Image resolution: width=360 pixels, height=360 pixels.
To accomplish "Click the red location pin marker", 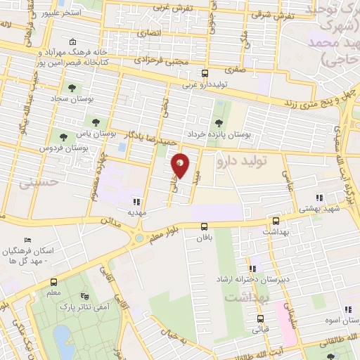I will click(x=181, y=165).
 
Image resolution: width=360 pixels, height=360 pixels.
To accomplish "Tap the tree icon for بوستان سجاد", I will click(x=72, y=88).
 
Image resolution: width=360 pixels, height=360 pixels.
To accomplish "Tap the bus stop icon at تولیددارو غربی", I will click(x=205, y=73).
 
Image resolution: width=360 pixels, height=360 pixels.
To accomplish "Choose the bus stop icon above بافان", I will click(x=204, y=226).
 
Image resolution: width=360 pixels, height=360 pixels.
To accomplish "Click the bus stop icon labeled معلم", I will click(x=54, y=281).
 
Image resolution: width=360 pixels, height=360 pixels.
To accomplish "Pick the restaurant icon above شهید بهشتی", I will click(x=319, y=198).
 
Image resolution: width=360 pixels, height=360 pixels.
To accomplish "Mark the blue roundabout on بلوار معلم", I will click(x=139, y=238).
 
